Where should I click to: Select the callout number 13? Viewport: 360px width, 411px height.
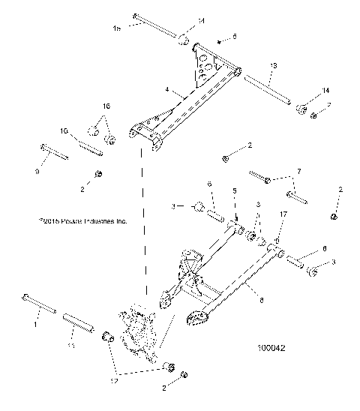coord(273,67)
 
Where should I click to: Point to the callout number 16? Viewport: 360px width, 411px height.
coord(106,107)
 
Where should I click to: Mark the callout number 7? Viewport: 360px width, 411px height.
coord(298,172)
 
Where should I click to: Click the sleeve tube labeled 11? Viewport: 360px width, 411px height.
coord(79,318)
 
